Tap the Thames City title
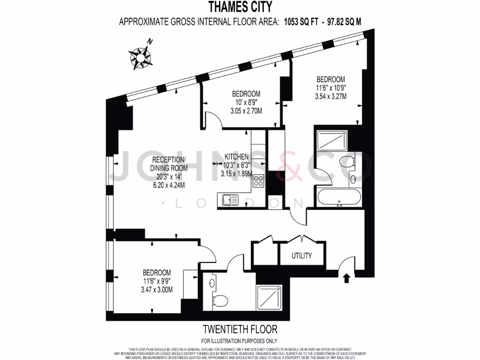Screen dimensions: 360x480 (240, 7)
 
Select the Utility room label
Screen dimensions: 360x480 (301, 256)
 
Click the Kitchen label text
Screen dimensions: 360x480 (236, 157)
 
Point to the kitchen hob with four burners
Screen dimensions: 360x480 (258, 180)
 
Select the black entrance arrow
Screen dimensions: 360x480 (347, 278)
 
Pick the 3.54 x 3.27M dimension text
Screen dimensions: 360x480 (330, 97)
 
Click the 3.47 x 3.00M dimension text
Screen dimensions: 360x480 (157, 289)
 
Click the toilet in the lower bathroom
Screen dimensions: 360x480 (220, 300)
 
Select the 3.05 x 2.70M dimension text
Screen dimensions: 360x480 (246, 111)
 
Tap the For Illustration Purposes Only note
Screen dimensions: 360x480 (240, 341)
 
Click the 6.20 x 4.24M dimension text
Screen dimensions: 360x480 (169, 185)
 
